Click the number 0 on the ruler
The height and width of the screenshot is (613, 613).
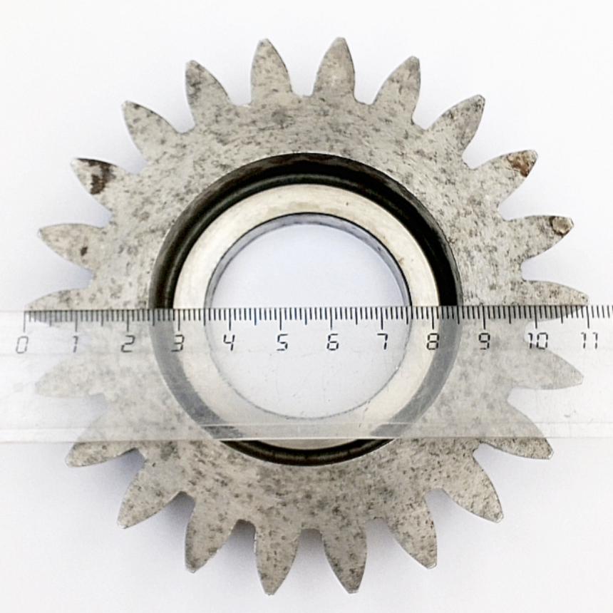(22, 344)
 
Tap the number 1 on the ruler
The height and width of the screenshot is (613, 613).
(75, 344)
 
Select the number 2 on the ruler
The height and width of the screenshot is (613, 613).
(127, 344)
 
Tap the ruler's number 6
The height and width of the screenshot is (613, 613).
(333, 341)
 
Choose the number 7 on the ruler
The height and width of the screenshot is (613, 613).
(385, 341)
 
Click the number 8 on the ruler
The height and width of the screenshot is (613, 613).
(433, 341)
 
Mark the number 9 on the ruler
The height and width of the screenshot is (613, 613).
(485, 341)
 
